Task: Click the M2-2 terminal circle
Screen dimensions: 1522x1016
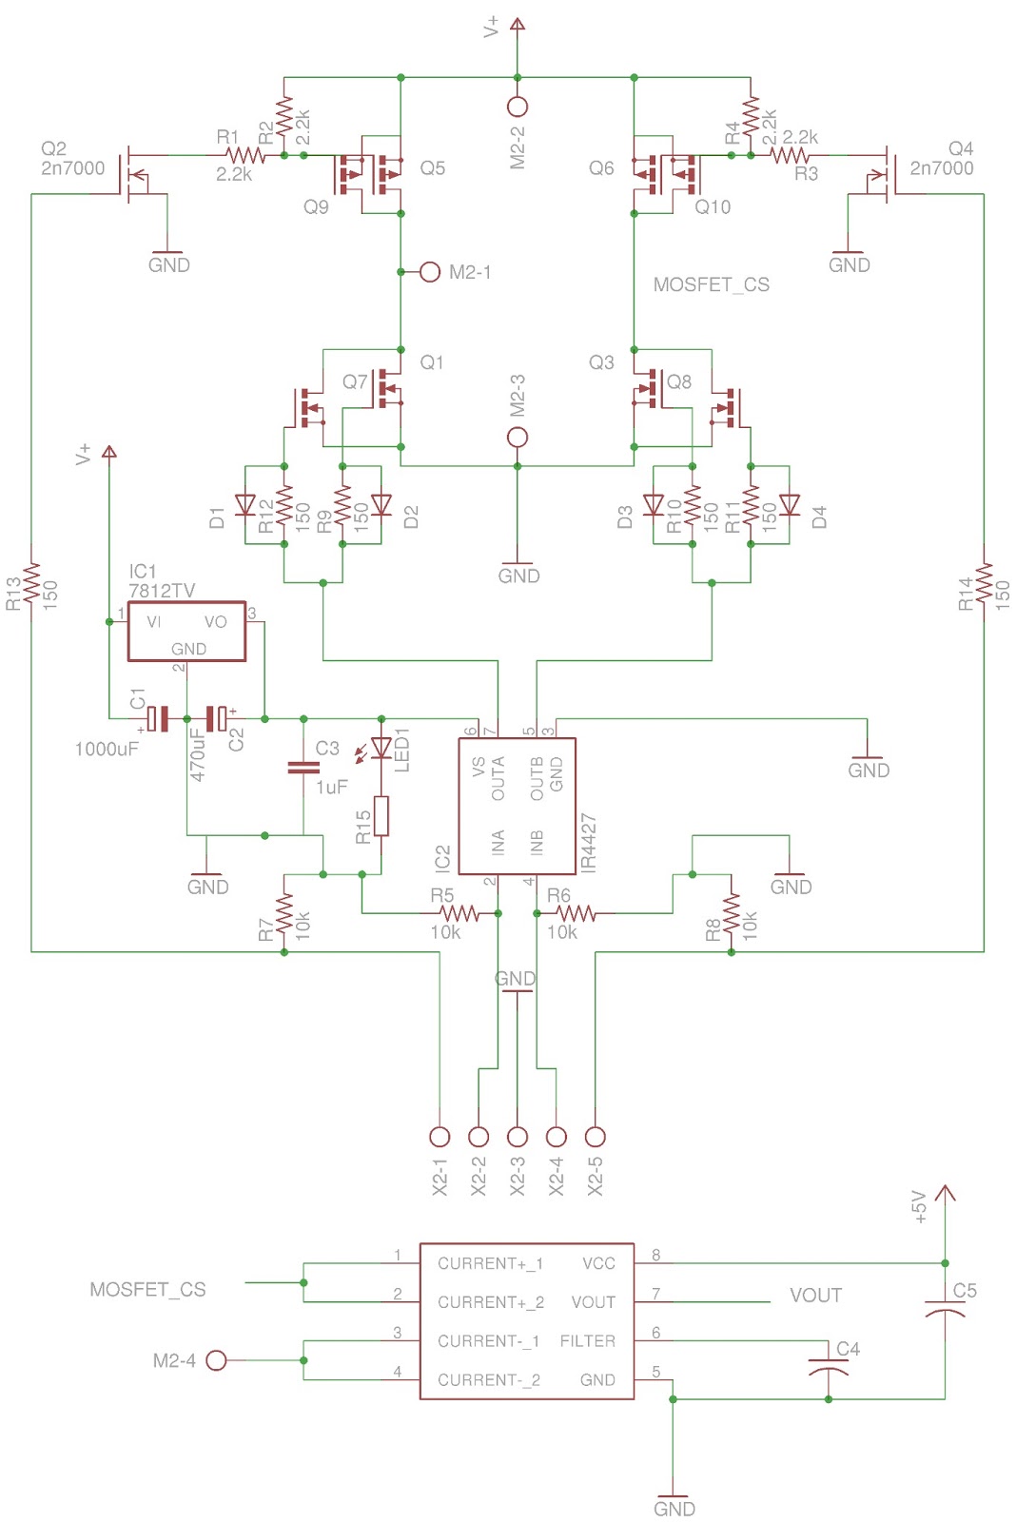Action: [517, 107]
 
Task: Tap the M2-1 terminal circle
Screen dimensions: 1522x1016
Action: [429, 272]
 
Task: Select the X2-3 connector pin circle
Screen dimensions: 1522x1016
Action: [517, 1136]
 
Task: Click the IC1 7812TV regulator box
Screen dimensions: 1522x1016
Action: [186, 631]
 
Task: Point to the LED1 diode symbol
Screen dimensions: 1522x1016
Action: [381, 749]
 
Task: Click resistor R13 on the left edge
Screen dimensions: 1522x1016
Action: [31, 582]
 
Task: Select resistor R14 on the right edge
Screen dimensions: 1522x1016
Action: [983, 582]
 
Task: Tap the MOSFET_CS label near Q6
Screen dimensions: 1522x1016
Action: [711, 284]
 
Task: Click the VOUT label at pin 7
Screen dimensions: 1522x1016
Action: [815, 1296]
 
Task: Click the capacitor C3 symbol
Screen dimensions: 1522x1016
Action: [303, 767]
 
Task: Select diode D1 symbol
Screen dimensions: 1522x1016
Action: [245, 504]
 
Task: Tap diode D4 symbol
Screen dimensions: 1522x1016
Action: [789, 504]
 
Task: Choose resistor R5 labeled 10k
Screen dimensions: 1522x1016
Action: [459, 913]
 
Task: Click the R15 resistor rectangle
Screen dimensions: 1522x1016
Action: [381, 816]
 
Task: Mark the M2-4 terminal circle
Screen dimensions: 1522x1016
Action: [216, 1360]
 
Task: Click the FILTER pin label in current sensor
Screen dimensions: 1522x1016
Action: [587, 1341]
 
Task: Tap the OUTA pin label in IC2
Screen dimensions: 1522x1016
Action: [498, 778]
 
